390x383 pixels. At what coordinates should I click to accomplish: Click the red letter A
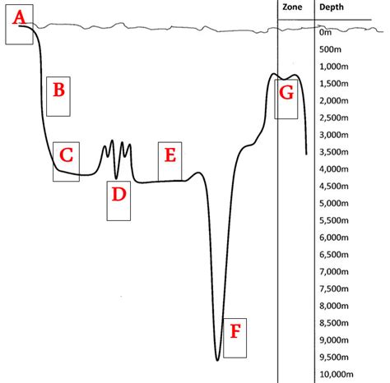19,17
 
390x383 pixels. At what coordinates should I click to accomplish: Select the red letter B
58,90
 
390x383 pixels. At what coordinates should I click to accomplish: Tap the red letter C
66,155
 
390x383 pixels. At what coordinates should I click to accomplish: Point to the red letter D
118,194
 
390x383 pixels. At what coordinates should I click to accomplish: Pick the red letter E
170,155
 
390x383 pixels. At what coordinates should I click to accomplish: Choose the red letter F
235,331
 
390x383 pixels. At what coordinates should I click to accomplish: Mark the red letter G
286,92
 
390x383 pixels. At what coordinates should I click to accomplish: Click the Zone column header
292,7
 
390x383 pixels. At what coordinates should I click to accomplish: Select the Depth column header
332,7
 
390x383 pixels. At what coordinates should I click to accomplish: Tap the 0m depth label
326,33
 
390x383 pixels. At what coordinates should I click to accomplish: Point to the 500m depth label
330,49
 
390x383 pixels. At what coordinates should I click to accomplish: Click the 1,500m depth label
334,84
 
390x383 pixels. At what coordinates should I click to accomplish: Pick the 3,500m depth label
334,152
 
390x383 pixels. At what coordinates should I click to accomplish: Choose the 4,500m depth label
334,186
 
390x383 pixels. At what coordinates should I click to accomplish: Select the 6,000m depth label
334,238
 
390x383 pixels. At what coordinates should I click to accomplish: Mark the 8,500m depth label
334,323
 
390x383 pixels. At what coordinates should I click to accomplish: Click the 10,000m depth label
337,374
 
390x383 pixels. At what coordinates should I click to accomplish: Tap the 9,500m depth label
334,357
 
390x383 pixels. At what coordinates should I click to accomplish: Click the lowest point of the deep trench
217,360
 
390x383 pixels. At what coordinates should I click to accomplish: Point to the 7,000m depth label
334,271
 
